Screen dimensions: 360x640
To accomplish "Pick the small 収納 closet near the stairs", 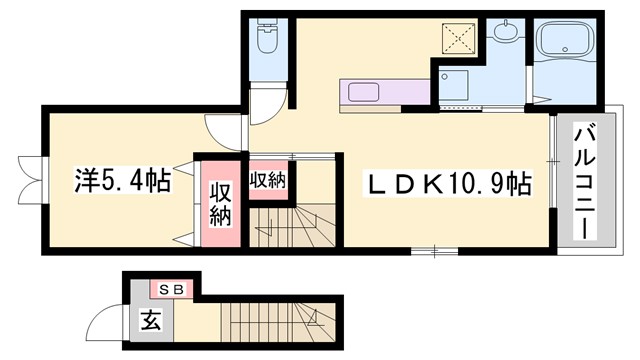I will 267,180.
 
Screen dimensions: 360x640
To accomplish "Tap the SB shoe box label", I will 171,289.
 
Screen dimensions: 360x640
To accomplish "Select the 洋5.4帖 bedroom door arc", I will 220,130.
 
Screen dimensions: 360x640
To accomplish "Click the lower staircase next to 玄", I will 275,323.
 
